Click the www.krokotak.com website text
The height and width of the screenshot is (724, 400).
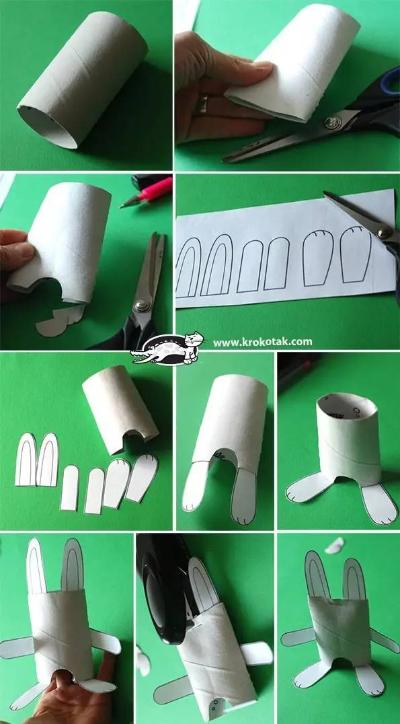click(262, 342)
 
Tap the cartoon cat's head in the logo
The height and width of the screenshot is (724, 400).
click(194, 339)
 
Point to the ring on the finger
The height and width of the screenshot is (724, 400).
click(202, 105)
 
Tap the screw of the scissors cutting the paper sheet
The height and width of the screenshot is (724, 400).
click(383, 232)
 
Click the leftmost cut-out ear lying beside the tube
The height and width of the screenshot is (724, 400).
click(26, 460)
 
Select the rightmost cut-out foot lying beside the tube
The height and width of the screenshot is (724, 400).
click(142, 478)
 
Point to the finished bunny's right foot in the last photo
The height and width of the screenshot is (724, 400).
click(370, 680)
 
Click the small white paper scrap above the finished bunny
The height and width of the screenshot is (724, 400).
click(335, 545)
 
